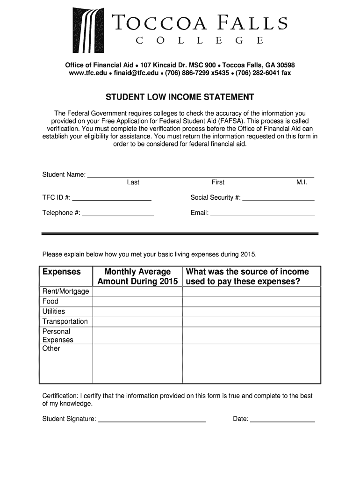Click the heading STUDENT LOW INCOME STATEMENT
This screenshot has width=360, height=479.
[x=180, y=97]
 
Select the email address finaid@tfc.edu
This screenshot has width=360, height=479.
[x=134, y=73]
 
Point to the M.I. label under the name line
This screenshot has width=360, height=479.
[x=302, y=182]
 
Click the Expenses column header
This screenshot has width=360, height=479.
[x=62, y=272]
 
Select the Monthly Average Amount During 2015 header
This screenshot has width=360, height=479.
[x=137, y=276]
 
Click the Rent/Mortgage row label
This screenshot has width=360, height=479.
[x=65, y=291]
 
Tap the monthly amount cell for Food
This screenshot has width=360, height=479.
[x=137, y=302]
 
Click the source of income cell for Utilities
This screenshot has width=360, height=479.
[x=251, y=312]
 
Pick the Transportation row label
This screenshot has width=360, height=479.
[x=65, y=321]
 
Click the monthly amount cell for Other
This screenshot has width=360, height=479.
[x=137, y=363]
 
